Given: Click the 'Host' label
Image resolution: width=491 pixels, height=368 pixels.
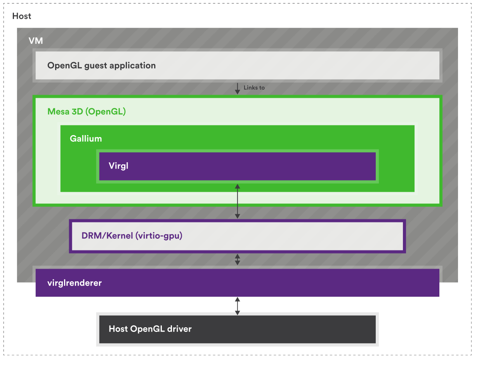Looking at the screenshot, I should tap(22, 16).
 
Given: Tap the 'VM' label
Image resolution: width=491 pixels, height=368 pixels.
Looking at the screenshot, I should tap(36, 41).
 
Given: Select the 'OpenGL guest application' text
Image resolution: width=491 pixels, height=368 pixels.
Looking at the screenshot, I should tap(101, 65).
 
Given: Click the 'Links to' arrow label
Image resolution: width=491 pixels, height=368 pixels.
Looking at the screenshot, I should tap(254, 88).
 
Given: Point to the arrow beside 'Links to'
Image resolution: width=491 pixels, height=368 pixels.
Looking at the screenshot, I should tap(238, 88).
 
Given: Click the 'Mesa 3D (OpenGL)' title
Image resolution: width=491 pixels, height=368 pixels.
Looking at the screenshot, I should tap(87, 111).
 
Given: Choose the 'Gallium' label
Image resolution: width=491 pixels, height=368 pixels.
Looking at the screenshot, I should tap(86, 139).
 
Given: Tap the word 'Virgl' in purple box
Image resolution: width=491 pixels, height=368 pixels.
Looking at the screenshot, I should tap(118, 166).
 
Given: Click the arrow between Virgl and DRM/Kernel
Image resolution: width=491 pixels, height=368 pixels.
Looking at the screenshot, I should tap(238, 201).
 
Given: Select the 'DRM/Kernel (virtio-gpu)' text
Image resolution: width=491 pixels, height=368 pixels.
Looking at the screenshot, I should tap(132, 235).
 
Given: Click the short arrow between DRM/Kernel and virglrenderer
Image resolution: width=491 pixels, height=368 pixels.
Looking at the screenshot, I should tap(238, 259).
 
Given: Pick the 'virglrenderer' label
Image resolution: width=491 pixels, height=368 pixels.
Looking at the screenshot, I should tap(75, 283).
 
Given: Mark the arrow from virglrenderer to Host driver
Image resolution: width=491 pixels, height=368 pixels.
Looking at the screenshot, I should tap(238, 306).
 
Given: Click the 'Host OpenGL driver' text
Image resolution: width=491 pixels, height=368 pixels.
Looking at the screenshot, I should tap(150, 329).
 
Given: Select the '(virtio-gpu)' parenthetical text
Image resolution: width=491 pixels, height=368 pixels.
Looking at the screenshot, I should tap(159, 235).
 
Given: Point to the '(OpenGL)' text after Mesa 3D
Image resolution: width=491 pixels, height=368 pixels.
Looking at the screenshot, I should tap(106, 111).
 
